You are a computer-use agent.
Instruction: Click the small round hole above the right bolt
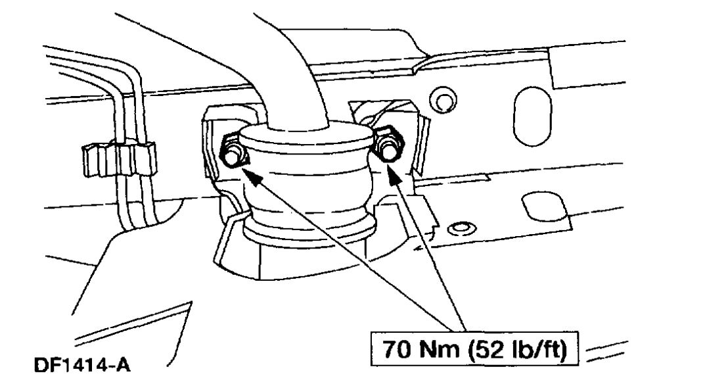[442, 100]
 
